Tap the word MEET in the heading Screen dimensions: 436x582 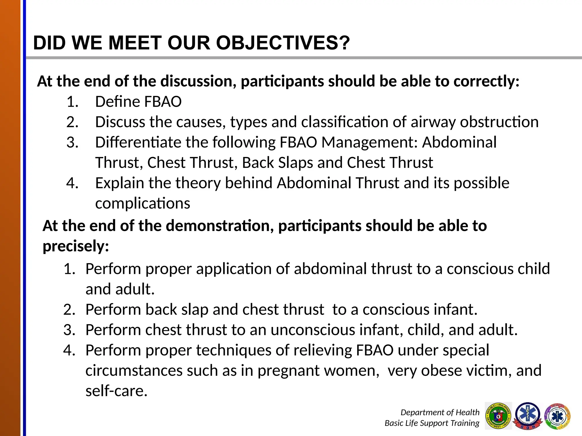pyautogui.click(x=135, y=43)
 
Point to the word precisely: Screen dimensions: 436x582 pyautogui.click(x=76, y=246)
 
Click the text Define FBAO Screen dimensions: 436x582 pyautogui.click(x=138, y=102)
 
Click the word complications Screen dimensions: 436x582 pyautogui.click(x=142, y=204)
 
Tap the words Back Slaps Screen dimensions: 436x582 pyautogui.click(x=277, y=163)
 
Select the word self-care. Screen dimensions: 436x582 pyautogui.click(x=117, y=391)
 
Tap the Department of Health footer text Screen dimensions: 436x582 pyautogui.click(x=440, y=412)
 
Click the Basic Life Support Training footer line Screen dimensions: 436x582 pyautogui.click(x=432, y=423)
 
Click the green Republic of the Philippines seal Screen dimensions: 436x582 pyautogui.click(x=498, y=416)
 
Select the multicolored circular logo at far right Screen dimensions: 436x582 pyautogui.click(x=557, y=416)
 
